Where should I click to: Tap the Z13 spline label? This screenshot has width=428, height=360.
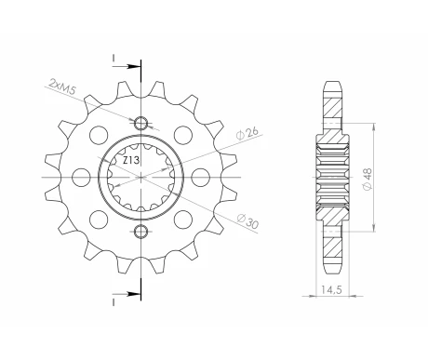(132, 161)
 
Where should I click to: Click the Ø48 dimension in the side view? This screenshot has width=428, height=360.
(368, 179)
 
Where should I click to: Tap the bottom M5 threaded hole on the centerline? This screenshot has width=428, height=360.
(141, 230)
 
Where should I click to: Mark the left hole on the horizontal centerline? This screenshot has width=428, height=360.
(78, 177)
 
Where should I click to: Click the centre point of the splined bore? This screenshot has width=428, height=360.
(141, 177)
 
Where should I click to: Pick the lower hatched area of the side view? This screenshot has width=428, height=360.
(331, 237)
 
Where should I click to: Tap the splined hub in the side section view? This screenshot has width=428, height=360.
(331, 177)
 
